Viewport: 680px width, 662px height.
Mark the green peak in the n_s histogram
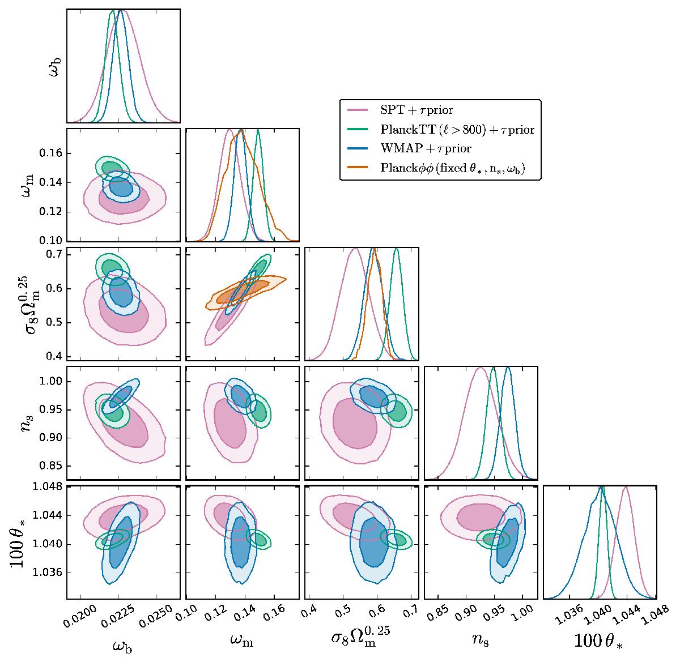[x=494, y=368]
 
